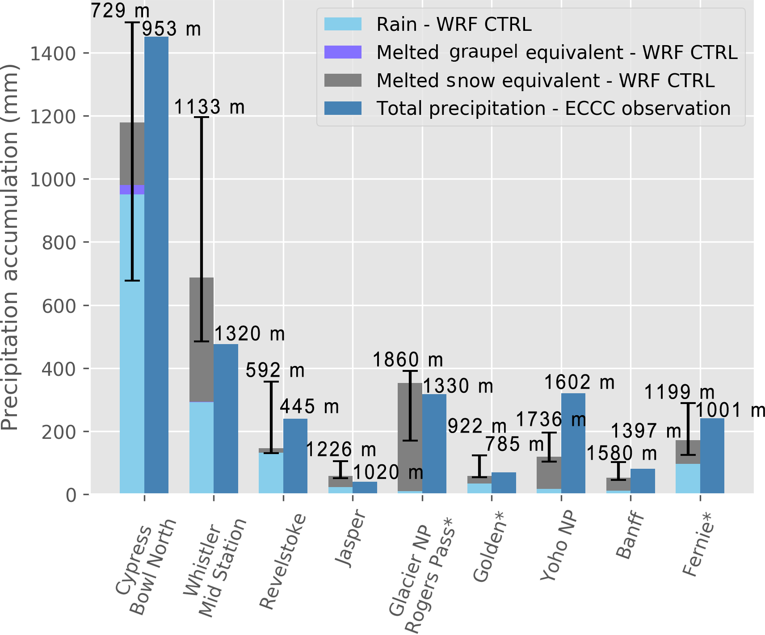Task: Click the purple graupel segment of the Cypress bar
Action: pyautogui.click(x=126, y=189)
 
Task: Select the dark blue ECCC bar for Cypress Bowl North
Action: pyautogui.click(x=156, y=268)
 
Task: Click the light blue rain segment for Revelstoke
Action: pyautogui.click(x=271, y=474)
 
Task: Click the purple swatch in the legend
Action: pyautogui.click(x=343, y=52)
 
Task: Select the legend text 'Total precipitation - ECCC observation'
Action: pyautogui.click(x=554, y=109)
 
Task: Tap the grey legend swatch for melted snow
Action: pyautogui.click(x=343, y=80)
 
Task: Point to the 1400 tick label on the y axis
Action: pyautogui.click(x=53, y=54)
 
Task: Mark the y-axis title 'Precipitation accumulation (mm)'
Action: pyautogui.click(x=10, y=248)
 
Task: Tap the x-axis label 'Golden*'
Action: pyautogui.click(x=488, y=547)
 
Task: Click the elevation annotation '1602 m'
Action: pyautogui.click(x=579, y=383)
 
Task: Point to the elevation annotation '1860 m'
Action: pyautogui.click(x=408, y=360)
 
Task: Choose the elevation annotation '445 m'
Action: pyautogui.click(x=309, y=407)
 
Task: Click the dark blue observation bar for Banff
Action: pyautogui.click(x=643, y=481)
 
